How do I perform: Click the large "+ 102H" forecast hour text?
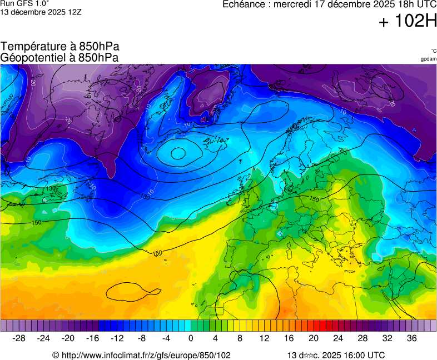click(408, 22)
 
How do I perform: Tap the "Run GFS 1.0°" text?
click(25, 3)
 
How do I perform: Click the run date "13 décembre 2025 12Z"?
click(41, 12)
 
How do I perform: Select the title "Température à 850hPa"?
click(59, 47)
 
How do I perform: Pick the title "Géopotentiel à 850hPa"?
click(59, 57)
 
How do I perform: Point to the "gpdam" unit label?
click(428, 59)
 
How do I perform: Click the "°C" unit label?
click(433, 51)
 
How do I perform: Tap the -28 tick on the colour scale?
click(19, 338)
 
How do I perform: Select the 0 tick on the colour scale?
click(191, 338)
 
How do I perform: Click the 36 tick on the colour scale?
click(411, 338)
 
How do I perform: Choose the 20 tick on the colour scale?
click(314, 338)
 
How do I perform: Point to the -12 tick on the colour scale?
click(117, 338)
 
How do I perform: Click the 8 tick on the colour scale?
click(240, 338)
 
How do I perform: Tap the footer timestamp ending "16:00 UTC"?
click(335, 355)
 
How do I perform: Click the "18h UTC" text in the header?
click(409, 4)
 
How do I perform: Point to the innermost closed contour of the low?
click(178, 153)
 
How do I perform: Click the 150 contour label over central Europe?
click(314, 199)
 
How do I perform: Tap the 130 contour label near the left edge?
click(51, 189)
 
